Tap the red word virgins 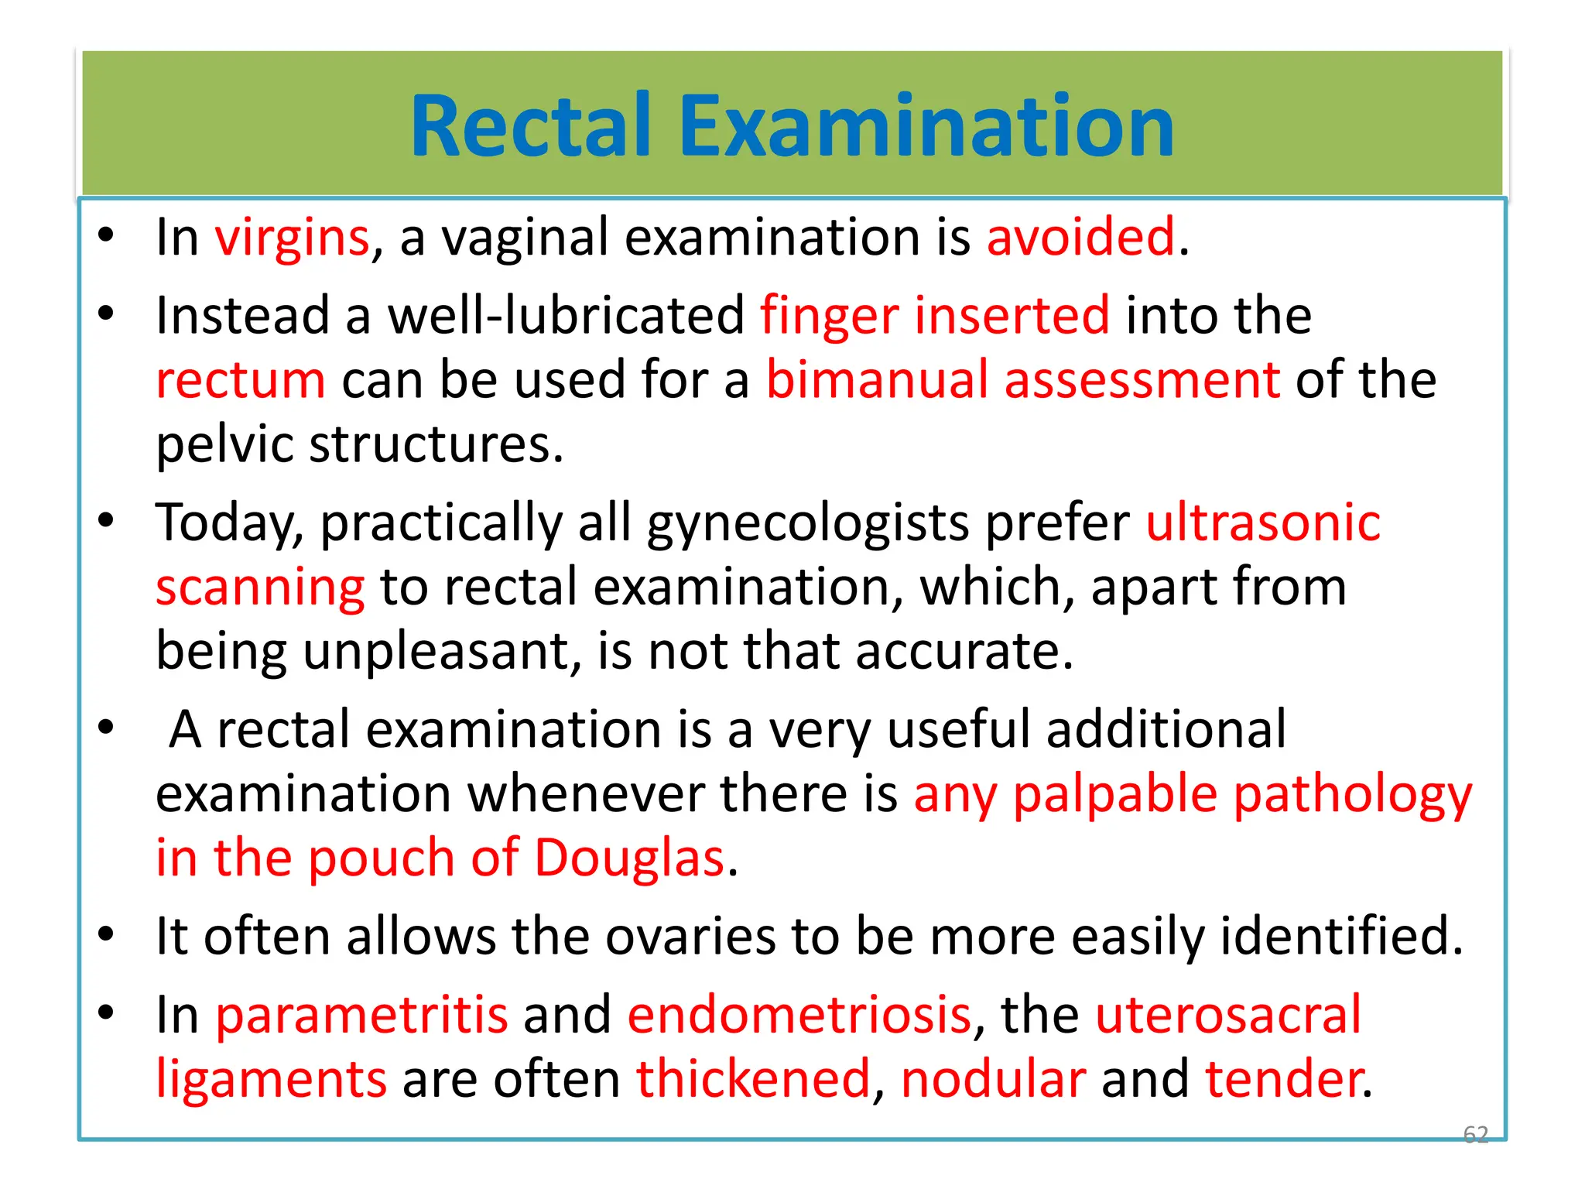pyautogui.click(x=292, y=238)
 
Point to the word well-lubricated pyautogui.click(x=566, y=316)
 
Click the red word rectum pyautogui.click(x=241, y=381)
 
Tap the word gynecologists pyautogui.click(x=807, y=524)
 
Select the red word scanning pyautogui.click(x=260, y=588)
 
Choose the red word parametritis pyautogui.click(x=361, y=1015)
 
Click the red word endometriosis pyautogui.click(x=799, y=1015)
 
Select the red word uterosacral pyautogui.click(x=1228, y=1015)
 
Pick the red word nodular pyautogui.click(x=994, y=1079)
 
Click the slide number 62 pyautogui.click(x=1475, y=1134)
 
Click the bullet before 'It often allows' pyautogui.click(x=106, y=934)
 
